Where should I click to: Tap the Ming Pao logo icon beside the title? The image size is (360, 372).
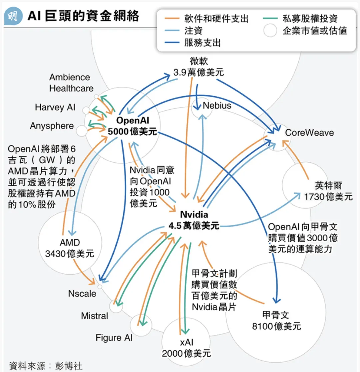point(13,16)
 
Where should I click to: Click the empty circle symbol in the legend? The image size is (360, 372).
point(270,31)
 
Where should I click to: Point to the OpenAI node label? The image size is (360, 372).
point(132,125)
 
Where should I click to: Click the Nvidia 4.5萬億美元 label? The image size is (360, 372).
point(194,220)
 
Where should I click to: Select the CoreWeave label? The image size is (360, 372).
point(309,133)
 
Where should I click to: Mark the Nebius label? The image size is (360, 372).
point(217,106)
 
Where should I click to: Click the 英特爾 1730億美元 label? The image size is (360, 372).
point(328,191)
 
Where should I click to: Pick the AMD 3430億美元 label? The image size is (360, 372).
point(70,248)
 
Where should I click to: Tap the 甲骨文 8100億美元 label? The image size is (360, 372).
point(276,320)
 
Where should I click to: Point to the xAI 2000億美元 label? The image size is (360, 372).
point(186,347)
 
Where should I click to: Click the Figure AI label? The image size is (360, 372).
point(114,338)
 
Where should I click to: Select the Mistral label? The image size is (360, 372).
point(95,316)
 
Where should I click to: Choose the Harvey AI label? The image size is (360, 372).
point(55,107)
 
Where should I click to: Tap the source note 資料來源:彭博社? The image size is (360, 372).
point(45,365)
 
